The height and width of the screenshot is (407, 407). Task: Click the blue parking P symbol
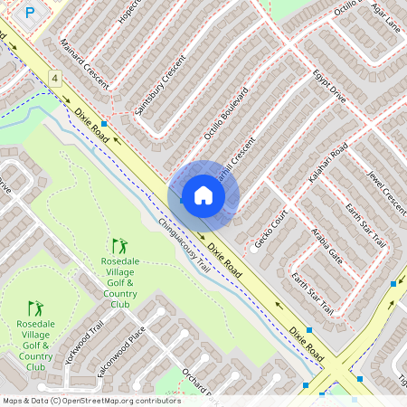pos(30,13)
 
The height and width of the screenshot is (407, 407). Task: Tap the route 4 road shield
pos(55,80)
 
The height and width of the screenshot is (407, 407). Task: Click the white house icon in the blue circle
pos(203,194)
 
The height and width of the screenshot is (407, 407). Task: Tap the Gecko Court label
pos(270,229)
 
